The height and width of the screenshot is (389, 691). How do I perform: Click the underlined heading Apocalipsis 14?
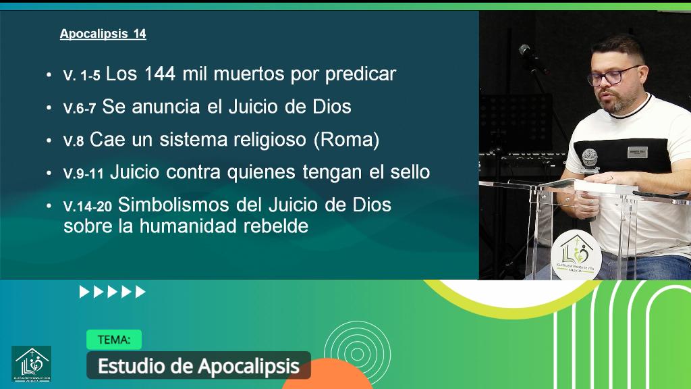point(103,34)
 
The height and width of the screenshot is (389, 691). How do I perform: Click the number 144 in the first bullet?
point(159,74)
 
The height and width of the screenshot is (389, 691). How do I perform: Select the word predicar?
point(360,75)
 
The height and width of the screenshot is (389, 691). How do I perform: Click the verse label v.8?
point(73,140)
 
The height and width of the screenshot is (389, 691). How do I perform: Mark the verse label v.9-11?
point(83,173)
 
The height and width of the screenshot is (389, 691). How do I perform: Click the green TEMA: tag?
point(113,340)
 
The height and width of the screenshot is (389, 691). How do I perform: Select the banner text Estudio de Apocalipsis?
point(198,366)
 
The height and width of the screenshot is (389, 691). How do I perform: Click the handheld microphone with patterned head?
point(590,160)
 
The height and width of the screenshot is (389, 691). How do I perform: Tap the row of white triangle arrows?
point(113,292)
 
